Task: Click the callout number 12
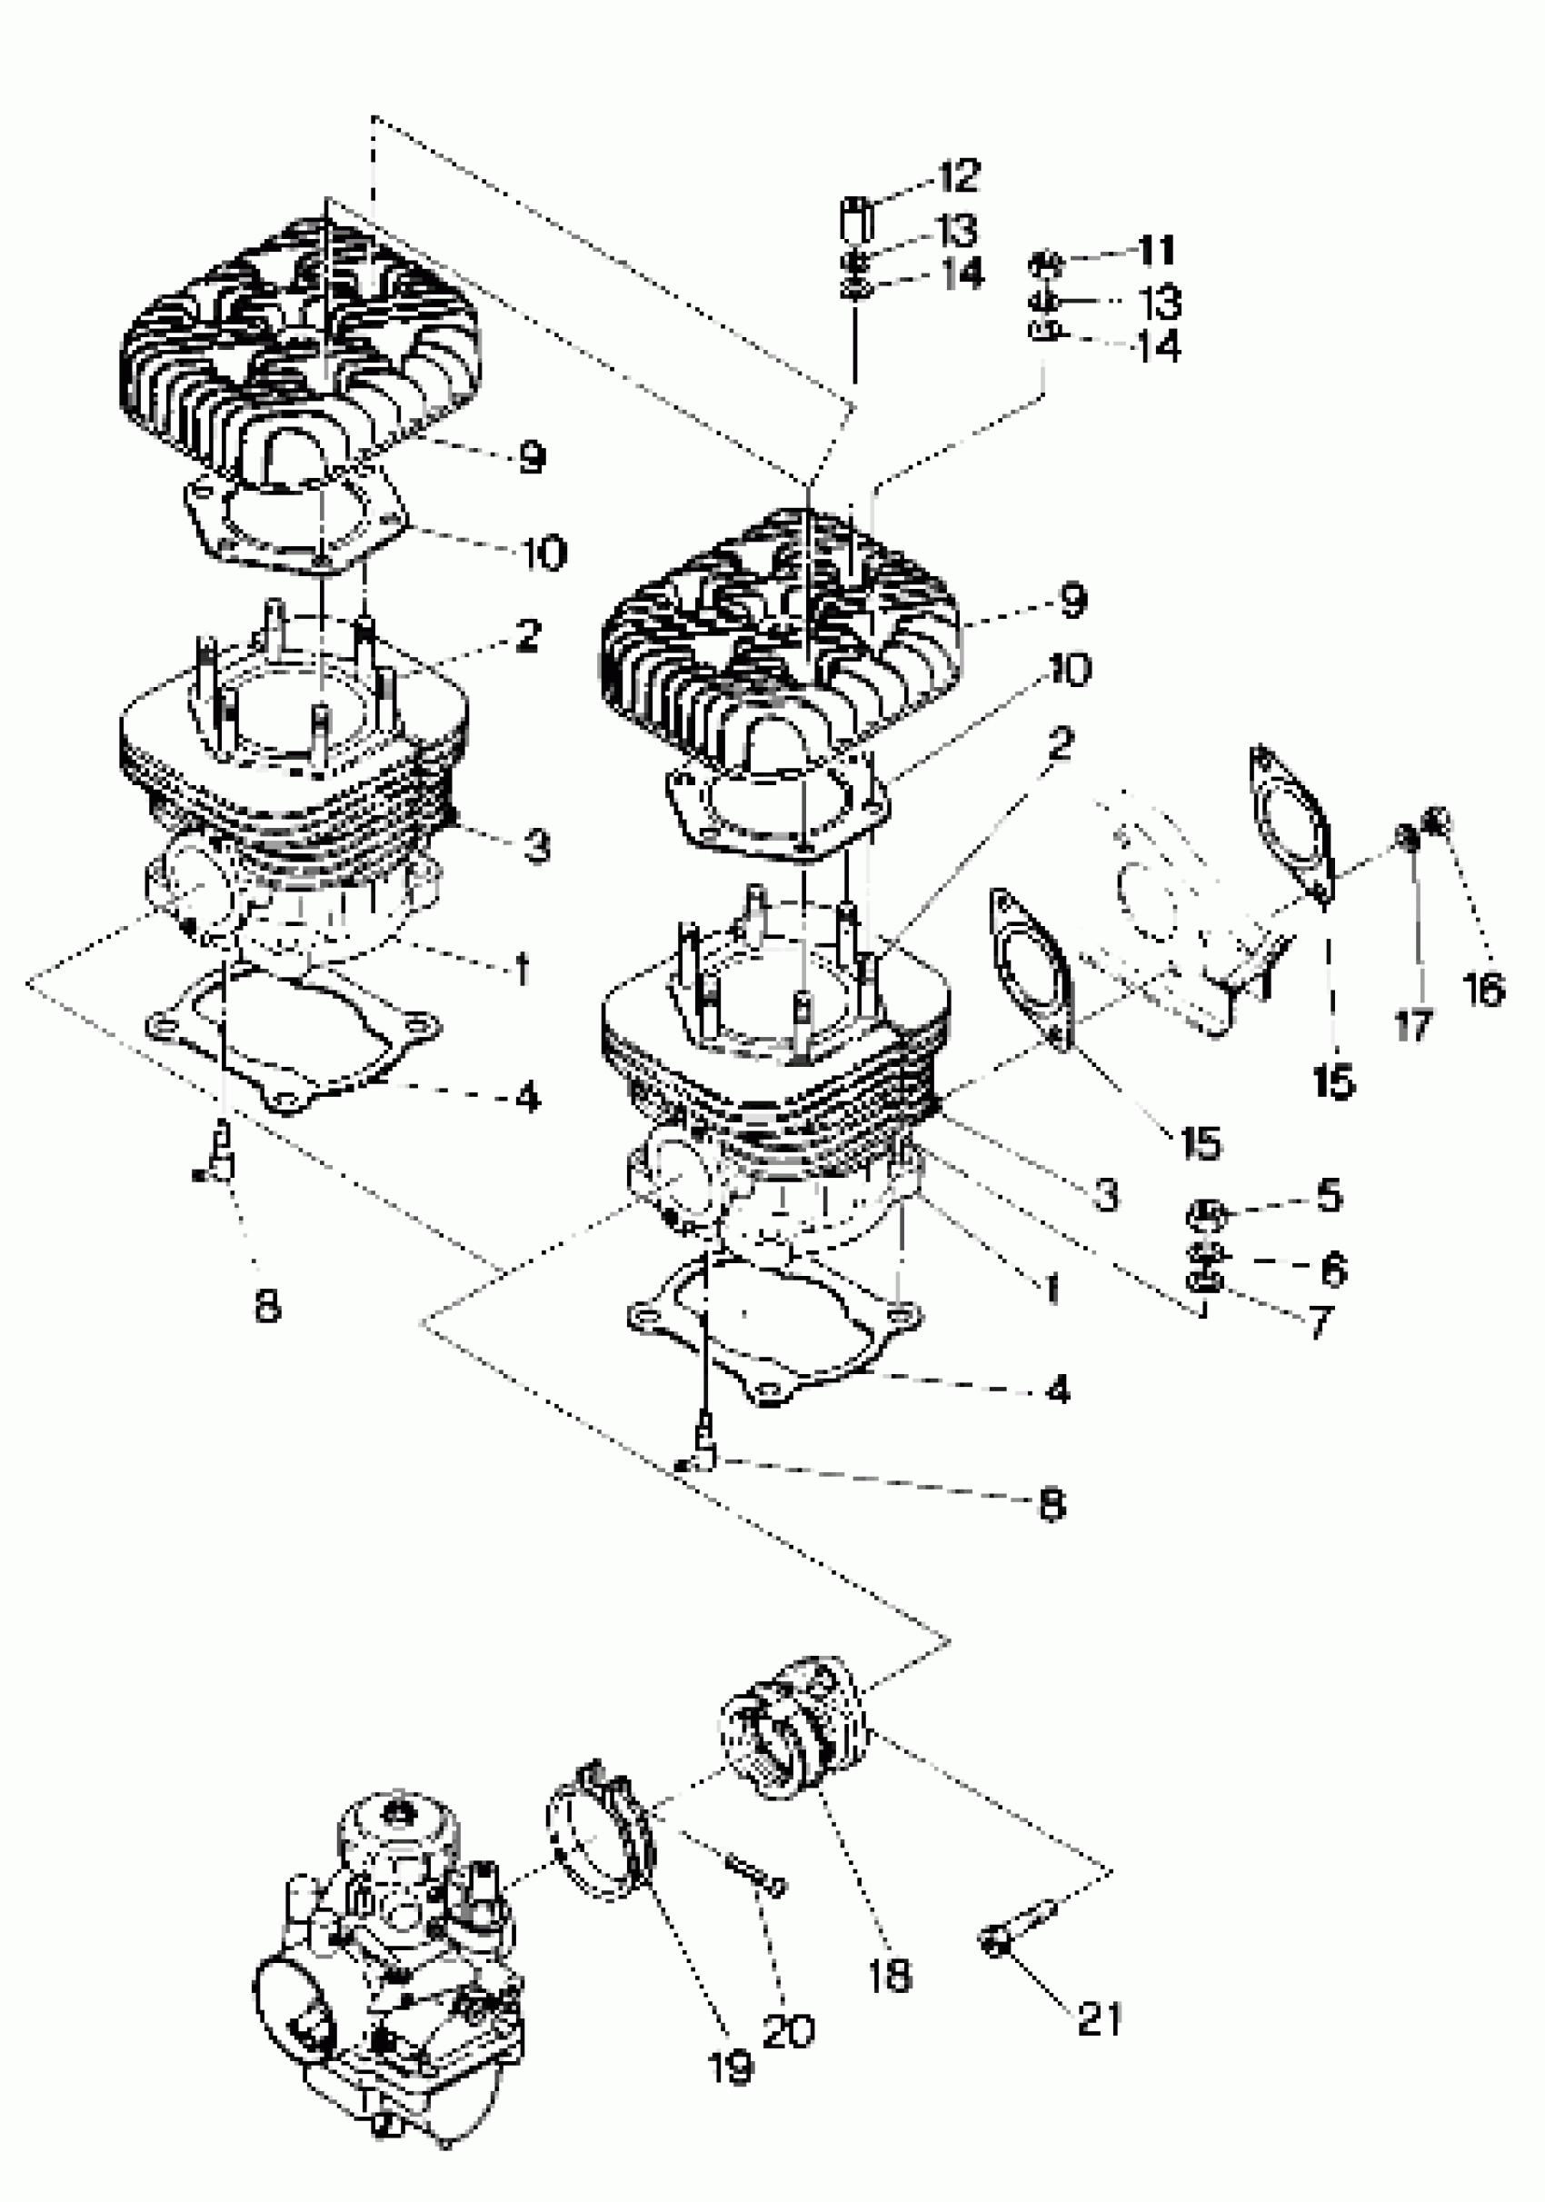(959, 175)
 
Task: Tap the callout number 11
(1157, 250)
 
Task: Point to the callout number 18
(889, 1976)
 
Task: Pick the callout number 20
(788, 2029)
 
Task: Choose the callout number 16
(1483, 989)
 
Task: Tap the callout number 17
(1412, 1026)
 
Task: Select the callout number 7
(1321, 1323)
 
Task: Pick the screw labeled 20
(754, 1876)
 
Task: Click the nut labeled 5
(1204, 1215)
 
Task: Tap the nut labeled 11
(1045, 261)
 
